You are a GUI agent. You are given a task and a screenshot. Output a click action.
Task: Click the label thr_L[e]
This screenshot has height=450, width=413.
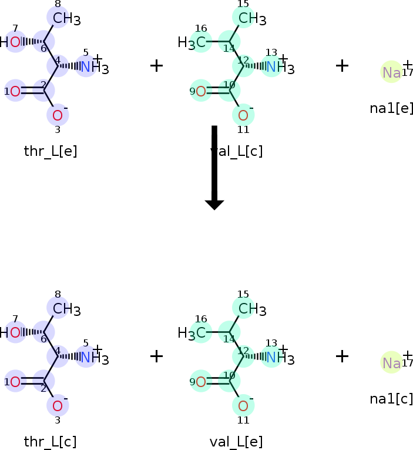51,151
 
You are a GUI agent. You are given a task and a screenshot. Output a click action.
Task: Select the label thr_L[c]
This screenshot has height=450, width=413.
51,442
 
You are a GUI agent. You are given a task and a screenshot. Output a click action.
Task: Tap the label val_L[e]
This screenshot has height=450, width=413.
236,442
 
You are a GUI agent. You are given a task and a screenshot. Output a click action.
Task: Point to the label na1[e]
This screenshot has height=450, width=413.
392,108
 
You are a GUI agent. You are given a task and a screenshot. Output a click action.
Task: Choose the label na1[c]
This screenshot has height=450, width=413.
392,399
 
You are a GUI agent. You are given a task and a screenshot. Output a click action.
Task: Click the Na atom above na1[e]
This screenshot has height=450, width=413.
391,72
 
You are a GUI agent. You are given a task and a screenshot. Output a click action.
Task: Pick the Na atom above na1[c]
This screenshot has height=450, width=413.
391,363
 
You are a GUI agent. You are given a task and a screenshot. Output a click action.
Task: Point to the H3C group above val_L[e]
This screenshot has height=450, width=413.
193,333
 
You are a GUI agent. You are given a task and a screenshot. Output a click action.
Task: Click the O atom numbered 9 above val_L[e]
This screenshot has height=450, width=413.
200,382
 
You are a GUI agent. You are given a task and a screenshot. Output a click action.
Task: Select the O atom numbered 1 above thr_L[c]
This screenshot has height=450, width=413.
15,382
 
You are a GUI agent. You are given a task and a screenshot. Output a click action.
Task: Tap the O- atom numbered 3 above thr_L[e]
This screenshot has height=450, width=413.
58,115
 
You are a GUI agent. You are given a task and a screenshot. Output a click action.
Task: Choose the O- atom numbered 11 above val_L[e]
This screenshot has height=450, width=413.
243,406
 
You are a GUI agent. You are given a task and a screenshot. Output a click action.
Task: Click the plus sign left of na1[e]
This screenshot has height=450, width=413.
342,65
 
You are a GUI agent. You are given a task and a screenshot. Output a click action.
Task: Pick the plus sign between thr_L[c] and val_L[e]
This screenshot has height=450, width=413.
156,356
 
